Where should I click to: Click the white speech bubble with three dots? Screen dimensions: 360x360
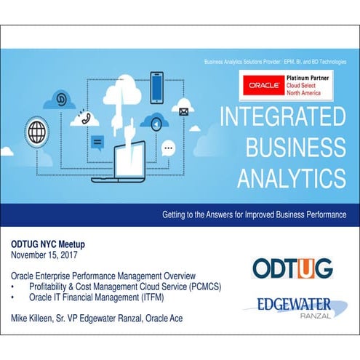click(169, 148)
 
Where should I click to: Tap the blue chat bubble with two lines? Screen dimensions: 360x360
click(97, 140)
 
